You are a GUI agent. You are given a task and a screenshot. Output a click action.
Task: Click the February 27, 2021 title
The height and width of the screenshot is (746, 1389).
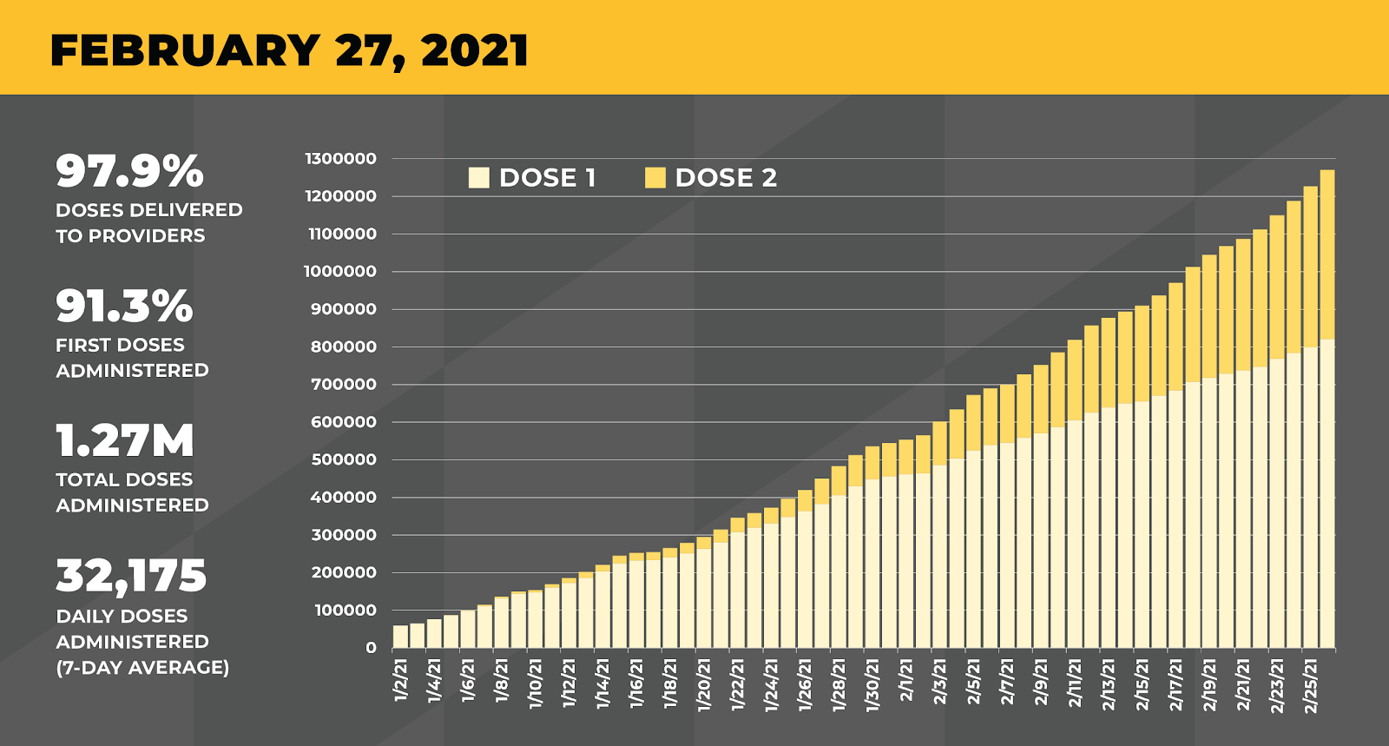(289, 50)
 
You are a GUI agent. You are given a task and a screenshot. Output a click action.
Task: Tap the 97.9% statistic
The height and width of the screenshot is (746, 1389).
(130, 171)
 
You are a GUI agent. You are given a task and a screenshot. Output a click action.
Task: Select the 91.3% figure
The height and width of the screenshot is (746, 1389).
(124, 306)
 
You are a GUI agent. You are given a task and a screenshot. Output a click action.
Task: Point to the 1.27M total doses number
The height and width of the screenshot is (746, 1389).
(125, 440)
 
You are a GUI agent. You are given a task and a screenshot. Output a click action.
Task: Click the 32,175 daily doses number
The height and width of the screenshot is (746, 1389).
(131, 576)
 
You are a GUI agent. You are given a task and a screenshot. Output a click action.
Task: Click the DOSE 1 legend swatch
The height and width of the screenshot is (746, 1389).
(478, 178)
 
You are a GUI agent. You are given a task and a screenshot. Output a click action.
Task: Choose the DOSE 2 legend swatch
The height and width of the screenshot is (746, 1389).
(655, 178)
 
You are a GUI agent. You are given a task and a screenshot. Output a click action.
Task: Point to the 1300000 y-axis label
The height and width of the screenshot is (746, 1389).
(341, 159)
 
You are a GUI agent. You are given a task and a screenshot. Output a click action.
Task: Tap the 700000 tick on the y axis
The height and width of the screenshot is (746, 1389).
(345, 385)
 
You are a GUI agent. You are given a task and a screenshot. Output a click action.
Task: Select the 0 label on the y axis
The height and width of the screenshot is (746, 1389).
(372, 648)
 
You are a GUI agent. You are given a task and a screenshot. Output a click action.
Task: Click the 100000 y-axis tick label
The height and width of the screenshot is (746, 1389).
(345, 611)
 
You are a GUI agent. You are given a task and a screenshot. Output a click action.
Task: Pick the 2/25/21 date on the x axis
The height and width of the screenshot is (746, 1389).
(1311, 685)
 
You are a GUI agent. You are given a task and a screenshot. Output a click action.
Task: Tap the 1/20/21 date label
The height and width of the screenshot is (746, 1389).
(704, 685)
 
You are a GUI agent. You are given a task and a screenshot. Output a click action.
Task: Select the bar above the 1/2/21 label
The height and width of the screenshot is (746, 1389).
(400, 637)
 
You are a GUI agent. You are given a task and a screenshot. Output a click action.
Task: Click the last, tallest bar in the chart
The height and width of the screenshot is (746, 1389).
(1327, 408)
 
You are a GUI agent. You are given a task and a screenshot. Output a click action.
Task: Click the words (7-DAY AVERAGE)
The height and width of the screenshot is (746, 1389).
(142, 668)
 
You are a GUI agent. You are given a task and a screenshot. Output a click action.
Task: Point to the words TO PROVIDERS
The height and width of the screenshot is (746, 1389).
(130, 236)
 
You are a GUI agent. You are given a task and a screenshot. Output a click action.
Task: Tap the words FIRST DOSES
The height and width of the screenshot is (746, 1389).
(120, 345)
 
